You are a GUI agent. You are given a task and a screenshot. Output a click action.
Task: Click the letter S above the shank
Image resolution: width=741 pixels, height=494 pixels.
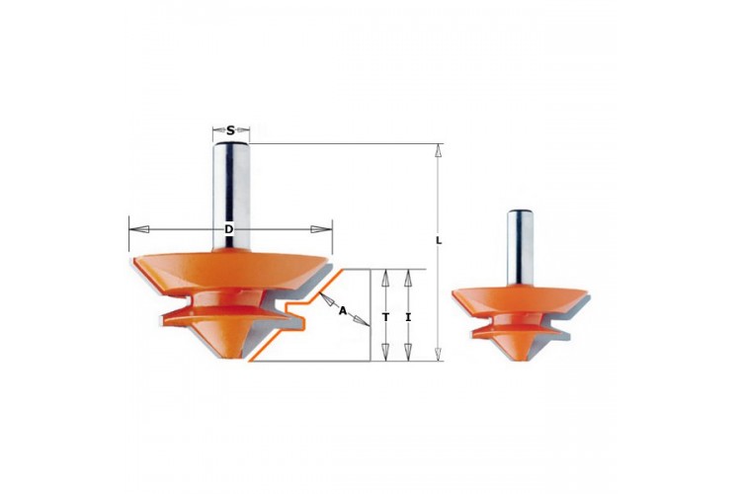230,130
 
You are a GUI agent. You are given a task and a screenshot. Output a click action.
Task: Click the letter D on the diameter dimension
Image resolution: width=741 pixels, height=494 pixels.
229,229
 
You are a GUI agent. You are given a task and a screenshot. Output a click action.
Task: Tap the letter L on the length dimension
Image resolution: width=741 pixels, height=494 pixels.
439,241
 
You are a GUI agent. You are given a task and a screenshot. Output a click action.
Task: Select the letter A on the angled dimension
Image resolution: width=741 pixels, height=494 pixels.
343,310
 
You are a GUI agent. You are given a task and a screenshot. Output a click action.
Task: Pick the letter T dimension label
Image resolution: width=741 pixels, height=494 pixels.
385,317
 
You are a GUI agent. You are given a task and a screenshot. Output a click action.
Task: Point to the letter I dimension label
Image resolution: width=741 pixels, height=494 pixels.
408,317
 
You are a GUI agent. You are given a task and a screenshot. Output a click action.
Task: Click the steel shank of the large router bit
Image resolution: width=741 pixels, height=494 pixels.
230,195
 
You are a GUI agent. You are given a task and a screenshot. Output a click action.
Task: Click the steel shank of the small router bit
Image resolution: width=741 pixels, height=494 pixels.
521,247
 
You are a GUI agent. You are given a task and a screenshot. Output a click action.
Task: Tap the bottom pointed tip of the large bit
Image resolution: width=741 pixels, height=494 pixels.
230,360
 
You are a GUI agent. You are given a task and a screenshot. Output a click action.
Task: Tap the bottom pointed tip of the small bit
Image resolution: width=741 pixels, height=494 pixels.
520,361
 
